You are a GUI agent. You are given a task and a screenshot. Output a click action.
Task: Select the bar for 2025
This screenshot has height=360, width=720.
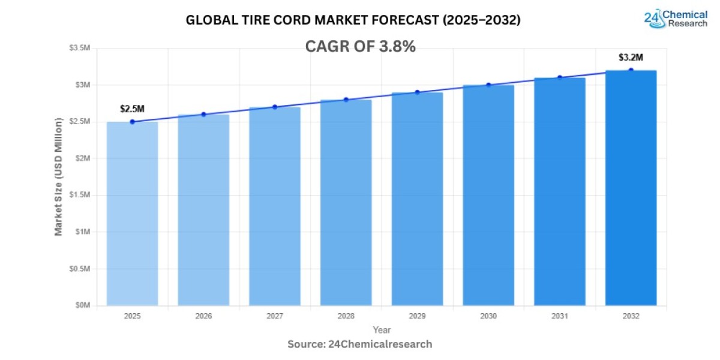pos(132,214)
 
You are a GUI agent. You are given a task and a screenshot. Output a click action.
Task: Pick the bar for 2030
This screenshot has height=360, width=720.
pos(488,195)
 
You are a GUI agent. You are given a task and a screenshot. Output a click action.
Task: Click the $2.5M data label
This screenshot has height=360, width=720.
pos(132,109)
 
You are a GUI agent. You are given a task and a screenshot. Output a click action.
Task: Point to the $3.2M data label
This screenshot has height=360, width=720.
pos(631,58)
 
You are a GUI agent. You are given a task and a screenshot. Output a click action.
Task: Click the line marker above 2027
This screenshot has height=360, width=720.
pos(275,107)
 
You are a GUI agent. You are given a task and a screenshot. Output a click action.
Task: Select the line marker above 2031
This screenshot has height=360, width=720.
pos(560,77)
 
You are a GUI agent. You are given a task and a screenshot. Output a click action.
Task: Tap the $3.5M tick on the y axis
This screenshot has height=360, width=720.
pos(80,48)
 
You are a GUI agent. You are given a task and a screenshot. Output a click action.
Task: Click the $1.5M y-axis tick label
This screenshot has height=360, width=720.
pos(80,195)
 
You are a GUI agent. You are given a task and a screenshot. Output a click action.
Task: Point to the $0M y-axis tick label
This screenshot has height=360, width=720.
pos(82,305)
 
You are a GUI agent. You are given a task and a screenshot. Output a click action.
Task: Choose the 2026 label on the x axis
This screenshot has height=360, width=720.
pos(203,316)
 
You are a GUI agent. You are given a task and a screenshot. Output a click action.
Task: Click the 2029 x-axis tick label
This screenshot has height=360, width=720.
pos(417,316)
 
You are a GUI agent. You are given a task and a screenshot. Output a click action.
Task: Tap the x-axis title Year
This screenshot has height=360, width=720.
pos(382,330)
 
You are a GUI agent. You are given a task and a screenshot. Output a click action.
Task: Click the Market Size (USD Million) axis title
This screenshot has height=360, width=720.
pos(59,176)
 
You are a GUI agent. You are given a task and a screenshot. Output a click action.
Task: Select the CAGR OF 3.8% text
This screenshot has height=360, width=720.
pos(360,47)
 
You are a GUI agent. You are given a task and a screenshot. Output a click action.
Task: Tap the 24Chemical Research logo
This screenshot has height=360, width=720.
pos(675,18)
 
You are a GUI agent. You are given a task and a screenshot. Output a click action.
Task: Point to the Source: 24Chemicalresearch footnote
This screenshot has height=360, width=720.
pos(359,344)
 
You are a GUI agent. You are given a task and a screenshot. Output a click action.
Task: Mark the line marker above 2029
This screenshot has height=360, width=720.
pos(417,92)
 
